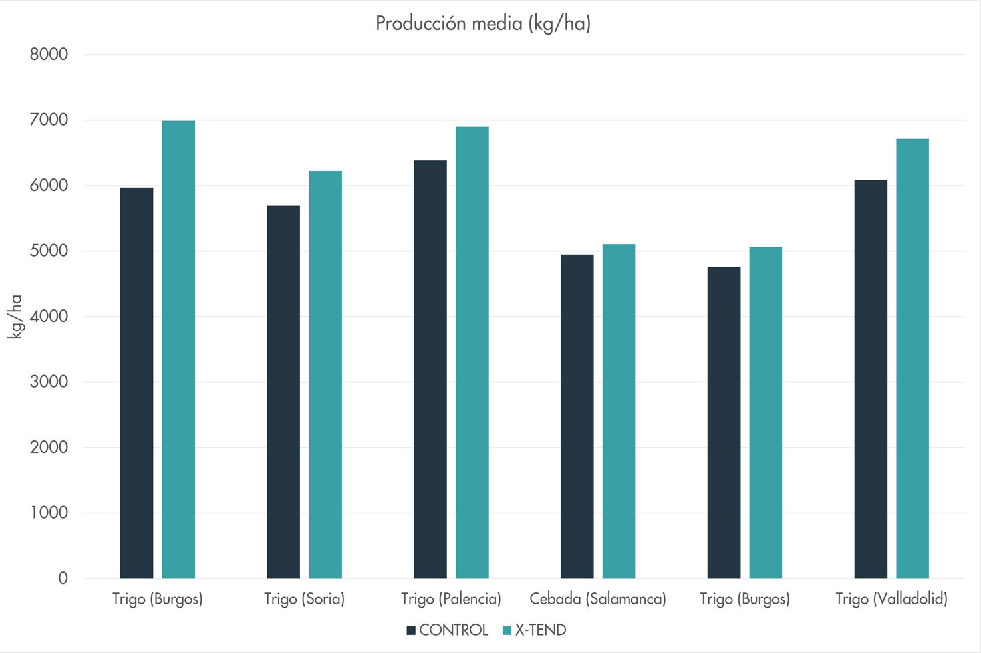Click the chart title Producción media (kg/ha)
tap(483, 24)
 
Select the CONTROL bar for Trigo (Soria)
tap(283, 392)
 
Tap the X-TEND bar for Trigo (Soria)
tap(325, 374)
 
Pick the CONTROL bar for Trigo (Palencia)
tap(430, 369)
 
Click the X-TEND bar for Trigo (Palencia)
tap(472, 352)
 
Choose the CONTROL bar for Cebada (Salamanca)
tap(577, 416)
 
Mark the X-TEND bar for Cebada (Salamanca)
tap(619, 411)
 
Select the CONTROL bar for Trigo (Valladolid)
tap(871, 379)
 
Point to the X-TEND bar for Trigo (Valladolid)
tap(912, 358)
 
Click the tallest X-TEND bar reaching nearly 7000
tap(178, 349)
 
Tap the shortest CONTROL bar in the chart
tap(724, 422)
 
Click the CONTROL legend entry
tap(447, 630)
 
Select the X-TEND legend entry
tap(535, 630)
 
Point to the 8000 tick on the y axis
tap(49, 55)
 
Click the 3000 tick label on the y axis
tap(49, 382)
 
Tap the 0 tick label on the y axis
tap(63, 579)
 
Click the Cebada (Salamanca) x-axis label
tap(598, 599)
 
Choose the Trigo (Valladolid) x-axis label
tap(891, 599)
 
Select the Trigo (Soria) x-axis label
tap(304, 599)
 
